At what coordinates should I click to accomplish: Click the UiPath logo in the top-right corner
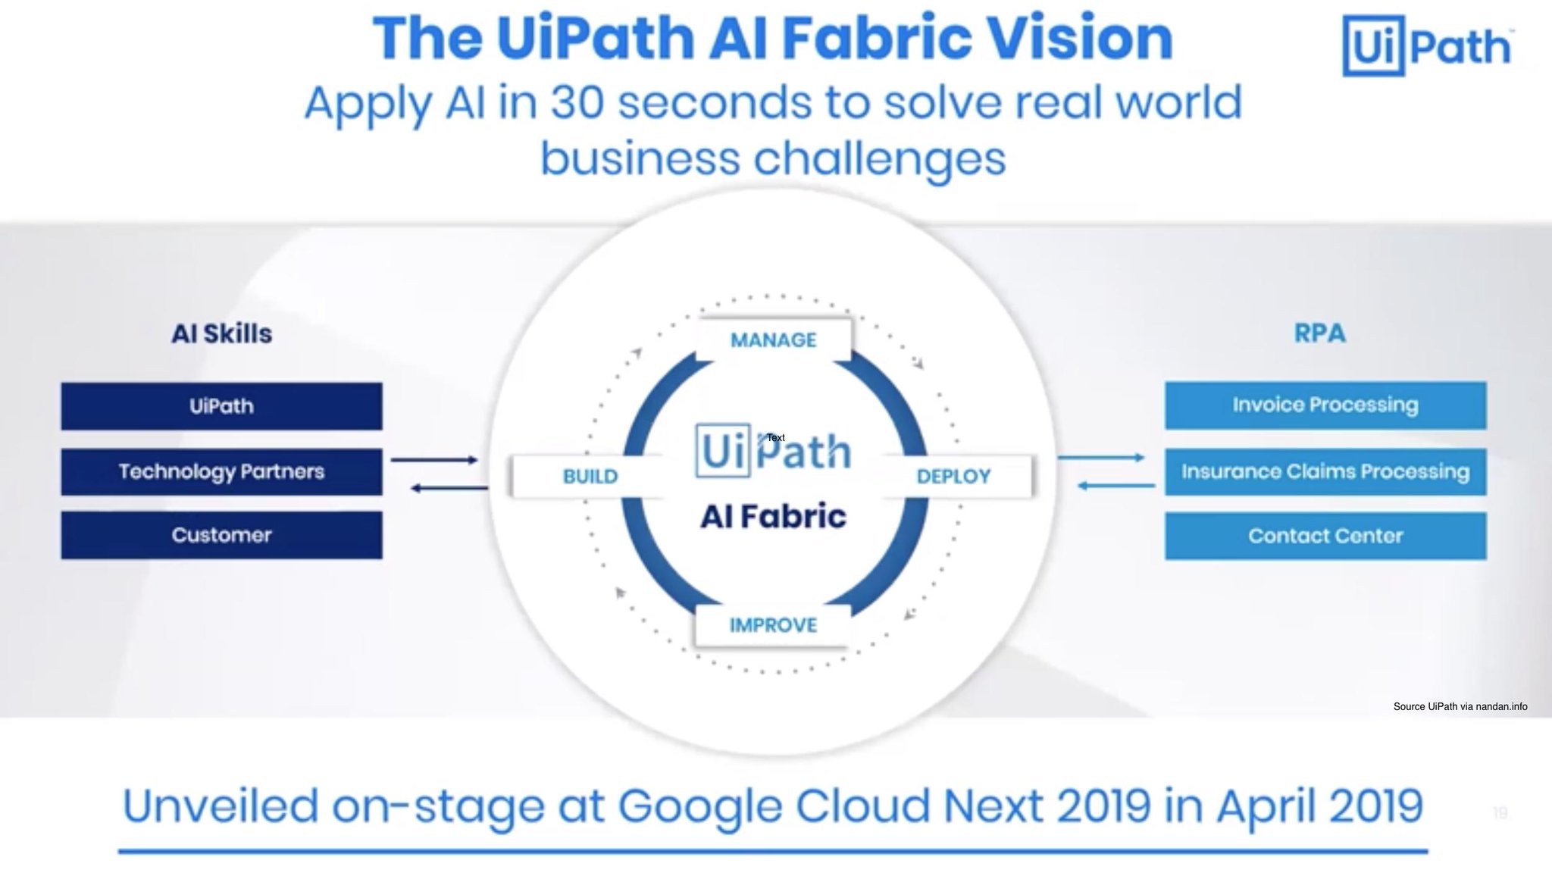[x=1426, y=47]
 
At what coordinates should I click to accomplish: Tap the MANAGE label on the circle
[x=773, y=340]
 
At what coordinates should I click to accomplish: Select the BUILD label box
[x=590, y=477]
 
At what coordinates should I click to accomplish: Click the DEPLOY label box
[x=953, y=477]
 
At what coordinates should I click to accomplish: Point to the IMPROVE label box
[x=773, y=625]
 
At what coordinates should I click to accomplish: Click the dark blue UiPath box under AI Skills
[x=221, y=406]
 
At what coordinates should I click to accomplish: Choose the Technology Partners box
[x=221, y=472]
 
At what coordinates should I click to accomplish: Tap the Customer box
[x=221, y=536]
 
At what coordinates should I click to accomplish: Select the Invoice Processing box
[x=1325, y=405]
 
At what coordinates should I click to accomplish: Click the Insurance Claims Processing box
[x=1325, y=472]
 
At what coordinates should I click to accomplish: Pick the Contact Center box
[x=1325, y=537]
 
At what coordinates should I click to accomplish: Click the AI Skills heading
[x=221, y=333]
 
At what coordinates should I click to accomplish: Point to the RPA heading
[x=1319, y=333]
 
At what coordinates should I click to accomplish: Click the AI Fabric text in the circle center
[x=773, y=517]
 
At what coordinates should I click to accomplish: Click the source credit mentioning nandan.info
[x=1460, y=707]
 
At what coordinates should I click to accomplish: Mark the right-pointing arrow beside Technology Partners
[x=434, y=460]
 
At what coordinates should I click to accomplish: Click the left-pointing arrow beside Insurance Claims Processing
[x=1115, y=486]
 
